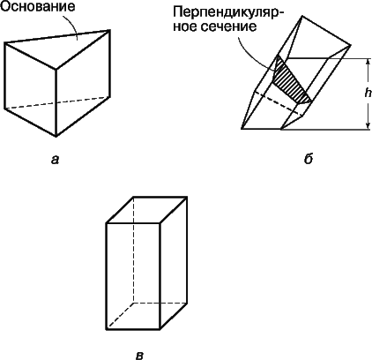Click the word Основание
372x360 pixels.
pos(37,6)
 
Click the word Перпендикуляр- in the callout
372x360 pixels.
pos(226,13)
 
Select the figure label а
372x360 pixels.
pos(55,160)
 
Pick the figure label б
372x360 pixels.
pos(309,159)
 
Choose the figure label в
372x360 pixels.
pos(140,356)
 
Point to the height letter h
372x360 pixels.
pos(368,94)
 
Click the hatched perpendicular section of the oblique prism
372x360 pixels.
pos(291,82)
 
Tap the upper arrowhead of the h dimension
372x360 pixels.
pos(368,62)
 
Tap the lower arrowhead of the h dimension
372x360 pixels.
pos(368,126)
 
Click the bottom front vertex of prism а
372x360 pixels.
pos(56,137)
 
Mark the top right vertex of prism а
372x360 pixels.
pos(110,30)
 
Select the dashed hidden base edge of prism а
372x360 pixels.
pos(57,102)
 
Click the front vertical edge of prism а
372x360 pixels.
pos(56,103)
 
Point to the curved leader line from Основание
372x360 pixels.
pos(73,25)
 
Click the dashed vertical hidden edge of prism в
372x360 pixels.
pos(133,250)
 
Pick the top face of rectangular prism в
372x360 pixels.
pos(146,210)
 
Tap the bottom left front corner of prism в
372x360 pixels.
pos(106,329)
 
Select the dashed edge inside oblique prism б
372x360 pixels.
pos(279,102)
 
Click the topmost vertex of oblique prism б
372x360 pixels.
pos(301,17)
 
